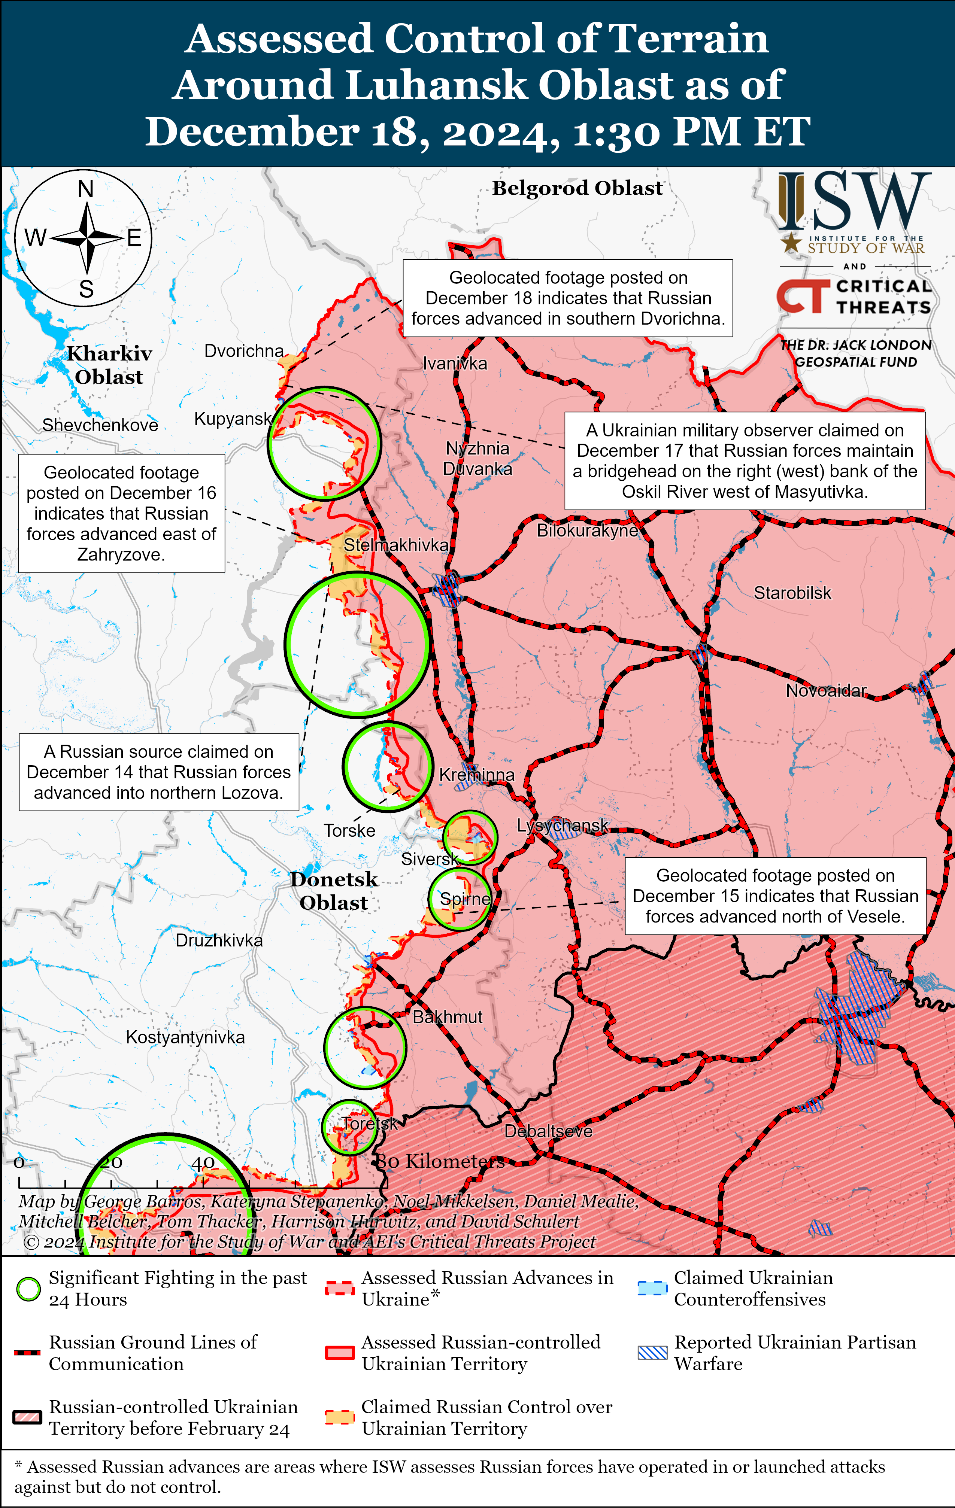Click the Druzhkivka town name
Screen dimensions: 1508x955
pyautogui.click(x=219, y=940)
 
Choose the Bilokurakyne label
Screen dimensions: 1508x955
pyautogui.click(x=587, y=530)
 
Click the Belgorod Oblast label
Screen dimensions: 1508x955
pyautogui.click(x=577, y=188)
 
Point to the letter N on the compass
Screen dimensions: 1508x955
pyautogui.click(x=86, y=189)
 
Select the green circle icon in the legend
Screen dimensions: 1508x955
pyautogui.click(x=28, y=1289)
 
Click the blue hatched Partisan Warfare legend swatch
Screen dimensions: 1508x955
pyautogui.click(x=652, y=1353)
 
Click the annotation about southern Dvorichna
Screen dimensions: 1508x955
pyautogui.click(x=568, y=298)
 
